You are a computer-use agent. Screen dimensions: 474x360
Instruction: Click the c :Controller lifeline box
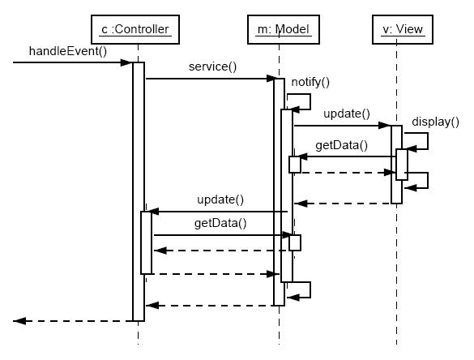tap(135, 29)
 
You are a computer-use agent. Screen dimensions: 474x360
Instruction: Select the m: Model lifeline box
tap(284, 29)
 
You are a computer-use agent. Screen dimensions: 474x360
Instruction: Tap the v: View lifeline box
tap(403, 29)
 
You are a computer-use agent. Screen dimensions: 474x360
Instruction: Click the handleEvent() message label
tap(68, 51)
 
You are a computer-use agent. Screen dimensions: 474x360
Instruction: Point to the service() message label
tap(212, 66)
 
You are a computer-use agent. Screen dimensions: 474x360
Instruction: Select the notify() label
tap(310, 82)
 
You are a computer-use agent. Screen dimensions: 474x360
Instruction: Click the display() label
tap(435, 122)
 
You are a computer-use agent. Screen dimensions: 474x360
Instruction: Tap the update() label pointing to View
tap(347, 114)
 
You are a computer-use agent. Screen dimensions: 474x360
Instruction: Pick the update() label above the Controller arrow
tap(220, 199)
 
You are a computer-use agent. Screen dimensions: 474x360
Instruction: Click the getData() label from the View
tap(342, 145)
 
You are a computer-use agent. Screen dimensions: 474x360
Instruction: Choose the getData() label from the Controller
tap(220, 223)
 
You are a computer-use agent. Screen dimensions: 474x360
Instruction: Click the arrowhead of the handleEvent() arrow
tap(126, 62)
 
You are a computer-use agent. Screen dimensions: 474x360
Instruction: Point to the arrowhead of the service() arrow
tap(271, 79)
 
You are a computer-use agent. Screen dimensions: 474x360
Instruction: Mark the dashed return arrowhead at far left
tap(19, 321)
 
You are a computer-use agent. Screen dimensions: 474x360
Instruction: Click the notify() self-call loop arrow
tap(310, 101)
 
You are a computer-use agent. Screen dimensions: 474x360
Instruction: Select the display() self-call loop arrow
tap(428, 141)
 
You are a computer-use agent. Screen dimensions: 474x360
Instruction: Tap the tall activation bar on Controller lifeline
tap(139, 191)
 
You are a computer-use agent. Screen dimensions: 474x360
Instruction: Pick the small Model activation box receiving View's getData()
tap(295, 165)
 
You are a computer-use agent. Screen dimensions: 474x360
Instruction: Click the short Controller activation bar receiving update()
tap(146, 242)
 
